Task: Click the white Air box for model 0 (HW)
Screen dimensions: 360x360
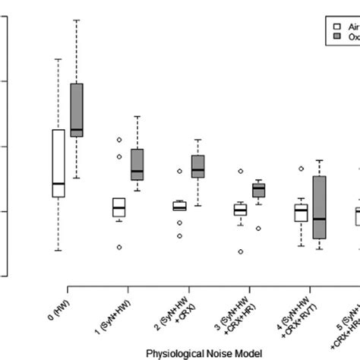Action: click(58, 163)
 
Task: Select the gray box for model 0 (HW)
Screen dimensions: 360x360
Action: click(77, 109)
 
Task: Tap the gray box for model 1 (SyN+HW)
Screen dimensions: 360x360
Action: click(137, 164)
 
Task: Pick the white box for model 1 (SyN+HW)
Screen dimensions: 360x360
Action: click(118, 207)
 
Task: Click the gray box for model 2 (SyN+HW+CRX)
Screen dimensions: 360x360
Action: click(197, 166)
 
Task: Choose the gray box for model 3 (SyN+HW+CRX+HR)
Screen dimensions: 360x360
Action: click(258, 189)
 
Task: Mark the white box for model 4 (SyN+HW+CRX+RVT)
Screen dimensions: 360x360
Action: click(301, 212)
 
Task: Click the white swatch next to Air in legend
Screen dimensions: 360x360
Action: click(336, 24)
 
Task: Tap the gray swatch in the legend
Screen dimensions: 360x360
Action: click(336, 35)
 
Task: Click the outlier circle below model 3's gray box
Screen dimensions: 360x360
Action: click(258, 228)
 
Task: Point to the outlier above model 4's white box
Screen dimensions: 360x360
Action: click(301, 169)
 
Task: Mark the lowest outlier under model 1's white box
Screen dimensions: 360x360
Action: click(118, 247)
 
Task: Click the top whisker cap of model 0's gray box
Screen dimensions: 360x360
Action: click(77, 20)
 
